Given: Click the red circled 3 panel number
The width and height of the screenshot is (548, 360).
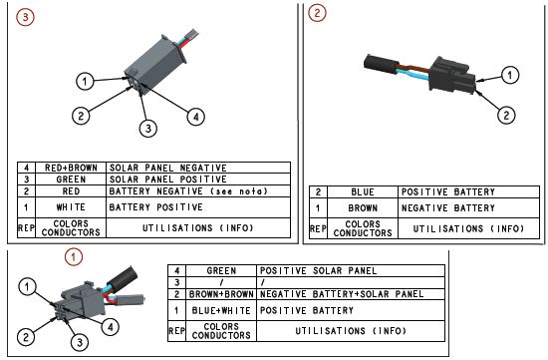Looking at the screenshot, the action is [25, 17].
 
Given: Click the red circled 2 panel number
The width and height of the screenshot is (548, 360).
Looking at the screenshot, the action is [317, 13].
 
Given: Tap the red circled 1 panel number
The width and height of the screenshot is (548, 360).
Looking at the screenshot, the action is [74, 257].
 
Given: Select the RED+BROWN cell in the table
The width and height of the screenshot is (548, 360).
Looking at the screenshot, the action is [71, 168].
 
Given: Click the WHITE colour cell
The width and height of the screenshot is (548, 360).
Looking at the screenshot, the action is [71, 207].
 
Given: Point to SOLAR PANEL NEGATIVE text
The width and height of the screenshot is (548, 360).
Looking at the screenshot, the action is [168, 168].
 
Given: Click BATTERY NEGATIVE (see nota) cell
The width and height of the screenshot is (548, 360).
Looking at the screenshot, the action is [198, 191].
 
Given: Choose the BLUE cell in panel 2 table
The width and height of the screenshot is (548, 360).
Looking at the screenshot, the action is [363, 191].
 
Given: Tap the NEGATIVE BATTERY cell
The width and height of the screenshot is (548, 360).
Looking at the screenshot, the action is [468, 208].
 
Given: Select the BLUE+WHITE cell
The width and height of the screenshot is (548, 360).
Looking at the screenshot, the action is [221, 310].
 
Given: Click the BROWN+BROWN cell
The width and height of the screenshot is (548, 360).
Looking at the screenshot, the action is [221, 294].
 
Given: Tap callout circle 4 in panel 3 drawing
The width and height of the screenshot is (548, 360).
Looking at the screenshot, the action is [195, 117].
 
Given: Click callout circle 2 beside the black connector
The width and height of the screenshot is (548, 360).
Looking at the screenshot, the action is [506, 115].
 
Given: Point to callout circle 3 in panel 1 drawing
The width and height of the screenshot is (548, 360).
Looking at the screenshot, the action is [80, 342].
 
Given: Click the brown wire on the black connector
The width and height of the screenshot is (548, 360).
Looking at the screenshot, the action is [413, 68].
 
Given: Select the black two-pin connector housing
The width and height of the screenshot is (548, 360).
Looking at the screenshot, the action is [452, 75].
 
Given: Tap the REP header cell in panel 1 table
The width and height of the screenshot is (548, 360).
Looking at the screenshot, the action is [176, 331].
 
